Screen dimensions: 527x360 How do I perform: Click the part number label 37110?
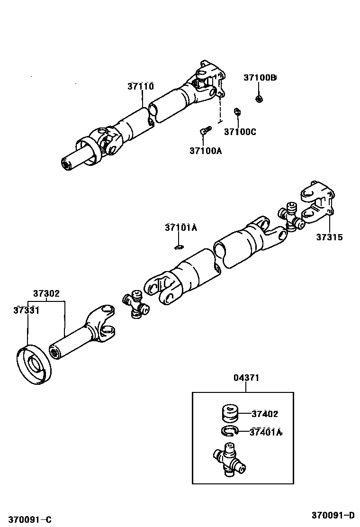(140, 86)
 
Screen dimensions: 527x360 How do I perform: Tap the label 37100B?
(260, 77)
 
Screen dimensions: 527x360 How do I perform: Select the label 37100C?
(240, 132)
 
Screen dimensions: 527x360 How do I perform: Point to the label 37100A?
(206, 151)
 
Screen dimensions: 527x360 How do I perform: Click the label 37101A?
(180, 227)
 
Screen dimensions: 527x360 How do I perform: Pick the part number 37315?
(329, 237)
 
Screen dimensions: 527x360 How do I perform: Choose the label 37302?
(46, 293)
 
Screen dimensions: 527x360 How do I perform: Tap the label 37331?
(26, 310)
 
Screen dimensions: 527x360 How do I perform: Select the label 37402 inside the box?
(265, 414)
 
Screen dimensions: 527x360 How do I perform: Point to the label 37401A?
(266, 432)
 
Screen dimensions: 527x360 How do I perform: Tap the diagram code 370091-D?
(333, 515)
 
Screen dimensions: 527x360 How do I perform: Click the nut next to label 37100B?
(259, 99)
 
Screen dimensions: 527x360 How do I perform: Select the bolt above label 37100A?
(205, 130)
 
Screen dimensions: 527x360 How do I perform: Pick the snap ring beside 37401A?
(230, 431)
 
